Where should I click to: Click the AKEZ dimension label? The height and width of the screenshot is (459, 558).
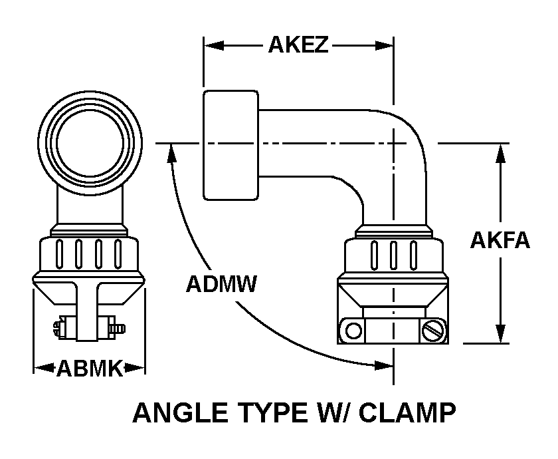(x=298, y=45)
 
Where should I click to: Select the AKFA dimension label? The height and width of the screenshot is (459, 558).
(x=500, y=239)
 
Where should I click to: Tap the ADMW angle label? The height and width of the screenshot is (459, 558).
(x=221, y=284)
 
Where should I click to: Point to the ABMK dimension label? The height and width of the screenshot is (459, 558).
(x=89, y=368)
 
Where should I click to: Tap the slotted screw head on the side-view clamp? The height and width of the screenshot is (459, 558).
(x=433, y=329)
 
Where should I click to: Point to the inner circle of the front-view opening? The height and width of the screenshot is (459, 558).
(x=89, y=142)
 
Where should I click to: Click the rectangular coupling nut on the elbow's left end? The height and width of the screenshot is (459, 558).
(x=230, y=145)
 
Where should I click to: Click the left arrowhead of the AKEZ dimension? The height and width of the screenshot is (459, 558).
(x=211, y=45)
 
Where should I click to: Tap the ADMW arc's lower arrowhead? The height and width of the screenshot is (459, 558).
(x=385, y=365)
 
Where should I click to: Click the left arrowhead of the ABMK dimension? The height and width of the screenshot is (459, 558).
(x=40, y=367)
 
